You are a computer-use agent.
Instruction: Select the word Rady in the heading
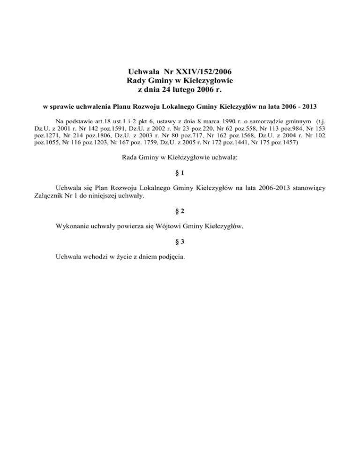[x=137, y=81]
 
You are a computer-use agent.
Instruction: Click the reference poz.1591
[x=105, y=128]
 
